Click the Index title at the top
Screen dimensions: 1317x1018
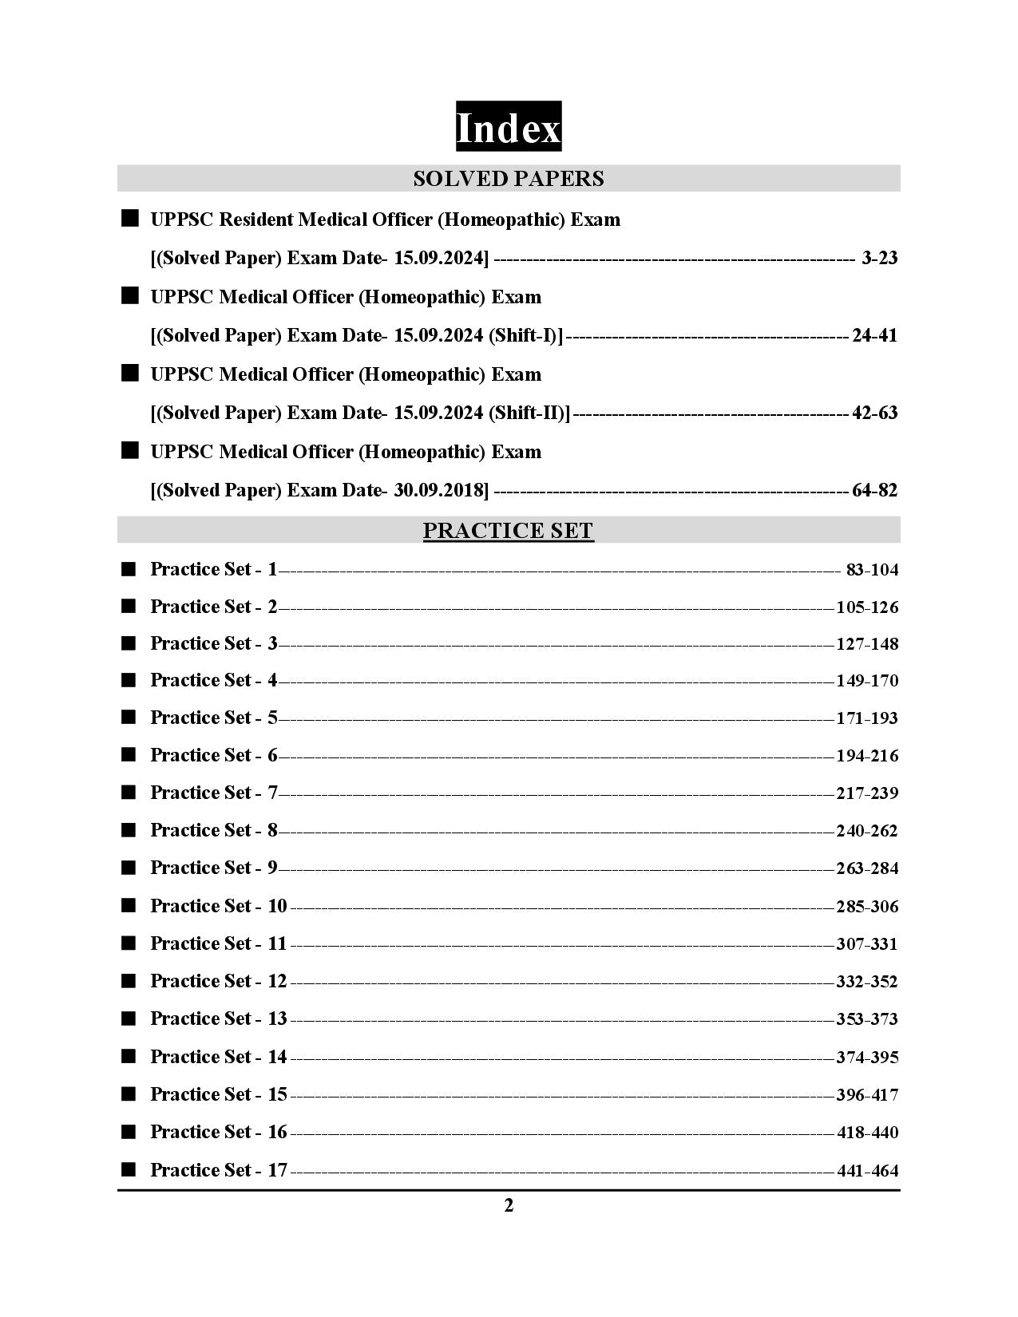coord(509,128)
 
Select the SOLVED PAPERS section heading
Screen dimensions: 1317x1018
coord(509,179)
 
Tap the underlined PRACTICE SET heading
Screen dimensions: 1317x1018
coord(509,531)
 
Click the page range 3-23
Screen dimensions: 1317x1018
coord(880,258)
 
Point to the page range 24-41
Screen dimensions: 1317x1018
coord(875,335)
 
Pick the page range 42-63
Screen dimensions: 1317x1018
coord(875,413)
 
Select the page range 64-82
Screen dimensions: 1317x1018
coord(875,490)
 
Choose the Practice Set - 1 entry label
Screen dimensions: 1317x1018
coord(214,569)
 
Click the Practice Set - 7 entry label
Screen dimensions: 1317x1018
coord(214,793)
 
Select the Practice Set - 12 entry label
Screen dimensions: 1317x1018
coord(219,981)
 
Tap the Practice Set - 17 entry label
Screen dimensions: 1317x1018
coord(219,1170)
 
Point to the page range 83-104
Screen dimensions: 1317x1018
coord(872,570)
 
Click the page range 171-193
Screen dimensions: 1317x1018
coord(867,718)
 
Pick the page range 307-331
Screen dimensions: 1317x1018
coord(867,944)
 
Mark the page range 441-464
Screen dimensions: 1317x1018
coord(868,1171)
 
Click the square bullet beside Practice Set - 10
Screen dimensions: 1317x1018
coord(129,905)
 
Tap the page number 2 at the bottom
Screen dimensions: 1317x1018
coord(509,1205)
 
